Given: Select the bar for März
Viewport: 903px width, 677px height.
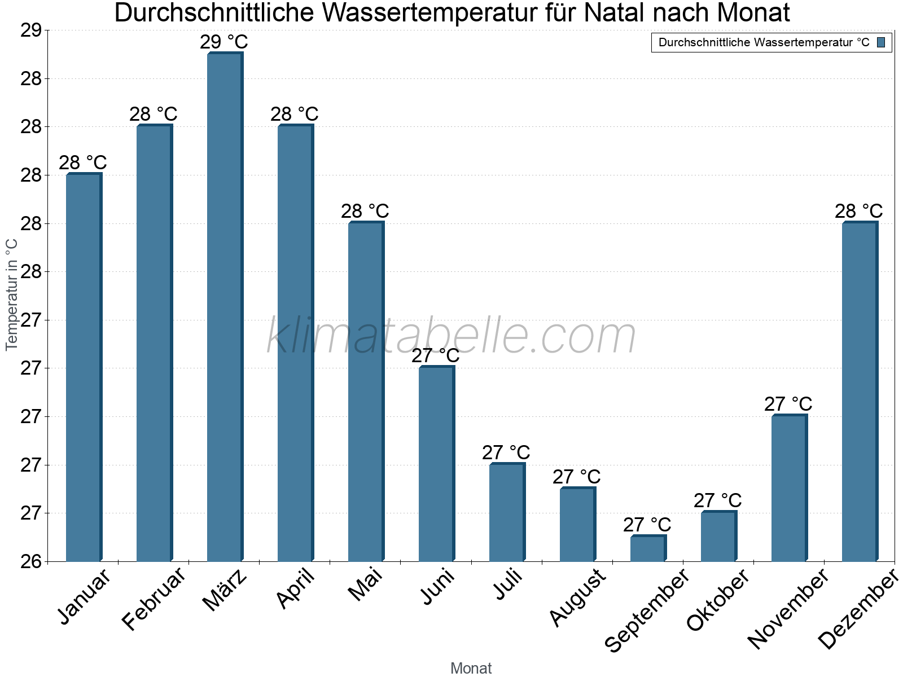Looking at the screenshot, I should click(225, 307).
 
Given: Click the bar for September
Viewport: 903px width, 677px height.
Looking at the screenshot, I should click(648, 548).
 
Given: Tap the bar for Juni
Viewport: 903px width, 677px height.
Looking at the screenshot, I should click(436, 464).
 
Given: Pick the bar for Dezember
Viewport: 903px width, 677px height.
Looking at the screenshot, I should click(860, 392).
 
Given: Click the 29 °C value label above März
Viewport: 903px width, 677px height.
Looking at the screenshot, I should click(224, 42).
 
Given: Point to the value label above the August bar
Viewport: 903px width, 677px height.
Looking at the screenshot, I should click(577, 477).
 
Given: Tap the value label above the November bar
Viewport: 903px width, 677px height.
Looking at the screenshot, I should click(788, 404).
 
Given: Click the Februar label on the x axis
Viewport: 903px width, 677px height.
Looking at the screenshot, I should click(154, 599).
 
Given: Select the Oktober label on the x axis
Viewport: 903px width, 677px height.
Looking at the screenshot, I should click(718, 600).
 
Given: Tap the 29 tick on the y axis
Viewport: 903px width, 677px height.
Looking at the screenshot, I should click(32, 30).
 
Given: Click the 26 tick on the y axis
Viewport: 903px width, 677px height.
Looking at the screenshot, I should click(32, 561).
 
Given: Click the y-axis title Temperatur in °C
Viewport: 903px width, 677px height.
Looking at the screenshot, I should click(12, 294).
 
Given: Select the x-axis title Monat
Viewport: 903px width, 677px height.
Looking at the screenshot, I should click(471, 669).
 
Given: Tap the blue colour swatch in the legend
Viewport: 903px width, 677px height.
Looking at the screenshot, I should click(882, 42).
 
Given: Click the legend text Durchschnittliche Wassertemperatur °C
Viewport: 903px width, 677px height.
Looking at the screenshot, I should click(764, 42).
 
